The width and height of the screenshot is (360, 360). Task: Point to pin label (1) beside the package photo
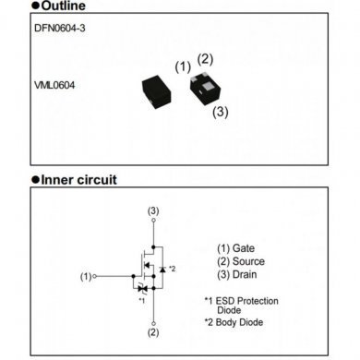(x=182, y=66)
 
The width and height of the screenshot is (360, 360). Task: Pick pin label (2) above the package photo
(x=206, y=59)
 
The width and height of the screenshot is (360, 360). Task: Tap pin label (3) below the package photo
(x=221, y=112)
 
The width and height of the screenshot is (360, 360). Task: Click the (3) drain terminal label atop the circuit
(x=153, y=210)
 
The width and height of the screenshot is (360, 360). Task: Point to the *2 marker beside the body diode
(x=172, y=268)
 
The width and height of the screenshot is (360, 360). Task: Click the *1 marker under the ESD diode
(x=141, y=300)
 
